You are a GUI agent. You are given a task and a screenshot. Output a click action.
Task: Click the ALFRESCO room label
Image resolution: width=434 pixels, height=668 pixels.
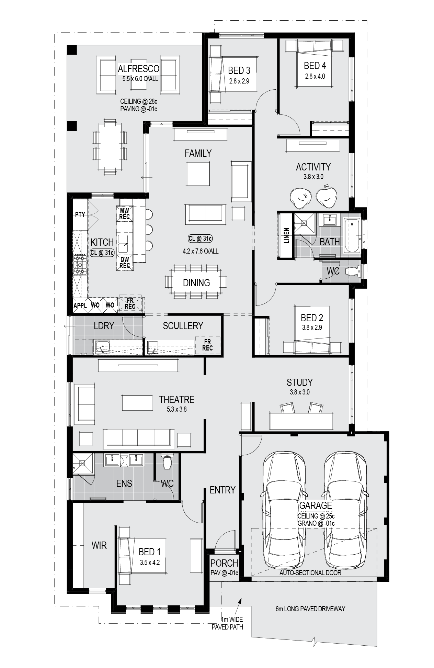[138, 69]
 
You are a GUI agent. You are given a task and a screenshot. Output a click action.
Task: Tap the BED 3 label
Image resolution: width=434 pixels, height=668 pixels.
[239, 70]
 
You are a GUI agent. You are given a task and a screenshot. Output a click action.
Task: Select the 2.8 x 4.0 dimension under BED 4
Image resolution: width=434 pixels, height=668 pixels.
[315, 76]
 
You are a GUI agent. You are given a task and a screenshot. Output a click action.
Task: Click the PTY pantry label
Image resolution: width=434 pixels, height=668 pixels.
[80, 214]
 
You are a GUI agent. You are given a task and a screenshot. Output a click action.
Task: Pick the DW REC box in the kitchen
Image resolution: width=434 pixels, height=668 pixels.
[125, 263]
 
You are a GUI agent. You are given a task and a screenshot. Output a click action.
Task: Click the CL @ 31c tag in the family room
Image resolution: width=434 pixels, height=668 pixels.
[200, 238]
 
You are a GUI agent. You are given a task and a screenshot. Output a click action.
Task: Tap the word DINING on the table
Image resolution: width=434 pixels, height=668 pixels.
[196, 283]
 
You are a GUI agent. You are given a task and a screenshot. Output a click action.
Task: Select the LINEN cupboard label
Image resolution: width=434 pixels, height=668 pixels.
[286, 235]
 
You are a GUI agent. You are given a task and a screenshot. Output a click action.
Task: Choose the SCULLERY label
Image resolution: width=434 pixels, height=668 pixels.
[183, 326]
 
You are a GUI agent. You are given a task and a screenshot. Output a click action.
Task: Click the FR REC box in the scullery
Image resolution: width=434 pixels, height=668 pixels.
[207, 345]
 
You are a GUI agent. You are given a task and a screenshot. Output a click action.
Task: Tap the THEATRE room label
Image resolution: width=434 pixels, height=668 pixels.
[176, 400]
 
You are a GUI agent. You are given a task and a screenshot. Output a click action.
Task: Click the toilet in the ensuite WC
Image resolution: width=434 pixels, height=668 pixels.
[167, 461]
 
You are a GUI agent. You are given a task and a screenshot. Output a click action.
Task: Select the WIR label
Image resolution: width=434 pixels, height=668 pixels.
[99, 545]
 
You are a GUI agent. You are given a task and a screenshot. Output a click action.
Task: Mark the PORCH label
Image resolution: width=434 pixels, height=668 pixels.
[224, 563]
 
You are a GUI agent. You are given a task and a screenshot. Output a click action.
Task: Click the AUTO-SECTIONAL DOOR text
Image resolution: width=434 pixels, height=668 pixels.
[310, 573]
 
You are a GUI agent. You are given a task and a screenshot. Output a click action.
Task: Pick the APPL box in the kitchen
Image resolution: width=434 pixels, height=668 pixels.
[80, 305]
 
